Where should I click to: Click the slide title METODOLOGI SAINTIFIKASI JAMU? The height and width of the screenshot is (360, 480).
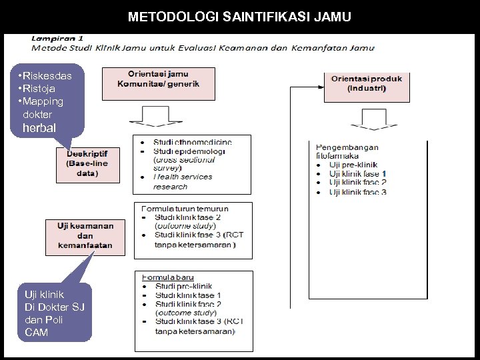239,16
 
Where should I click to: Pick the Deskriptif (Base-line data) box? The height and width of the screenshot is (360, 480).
87,164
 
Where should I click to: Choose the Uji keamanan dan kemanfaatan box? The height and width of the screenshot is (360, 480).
85,236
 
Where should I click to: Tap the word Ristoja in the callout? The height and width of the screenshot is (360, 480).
40,89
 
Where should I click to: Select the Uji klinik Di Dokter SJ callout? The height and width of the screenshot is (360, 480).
54,312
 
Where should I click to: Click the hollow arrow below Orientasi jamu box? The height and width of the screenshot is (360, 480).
159,120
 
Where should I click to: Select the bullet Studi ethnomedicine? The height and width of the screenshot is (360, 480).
192,142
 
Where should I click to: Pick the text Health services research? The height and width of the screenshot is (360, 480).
182,181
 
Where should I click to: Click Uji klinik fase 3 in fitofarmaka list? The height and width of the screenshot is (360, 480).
357,192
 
